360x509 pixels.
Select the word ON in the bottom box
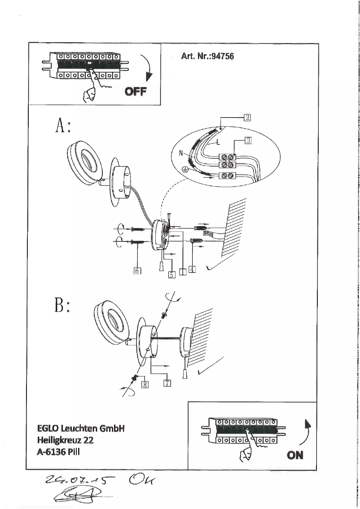pos(295,455)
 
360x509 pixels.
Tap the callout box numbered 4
pos(192,269)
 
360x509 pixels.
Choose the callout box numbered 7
pos(167,382)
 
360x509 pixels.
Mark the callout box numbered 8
pos(145,384)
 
